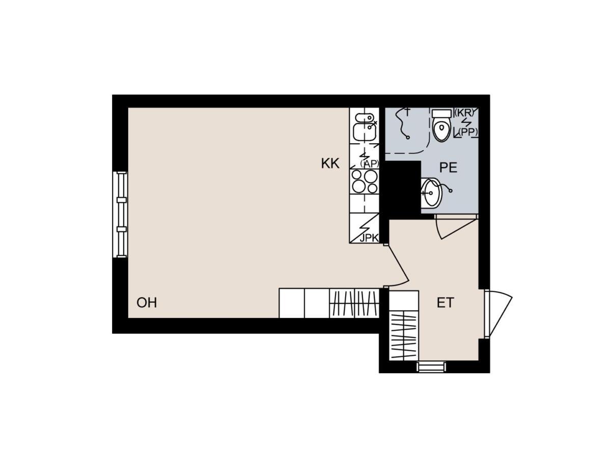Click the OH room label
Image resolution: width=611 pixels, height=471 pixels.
[147, 303]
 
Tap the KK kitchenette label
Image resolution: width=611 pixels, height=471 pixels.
[330, 164]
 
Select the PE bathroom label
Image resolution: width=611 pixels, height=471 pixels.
[448, 168]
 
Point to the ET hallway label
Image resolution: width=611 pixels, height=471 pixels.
[446, 303]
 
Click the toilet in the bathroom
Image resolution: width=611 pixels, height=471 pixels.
[441, 125]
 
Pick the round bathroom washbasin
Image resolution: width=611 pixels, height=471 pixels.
[432, 193]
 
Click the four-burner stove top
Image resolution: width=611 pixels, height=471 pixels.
[365, 182]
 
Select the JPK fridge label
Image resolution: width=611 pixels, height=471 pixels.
[369, 239]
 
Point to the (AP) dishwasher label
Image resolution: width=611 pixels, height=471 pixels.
[370, 164]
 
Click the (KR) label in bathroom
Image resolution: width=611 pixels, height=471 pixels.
[464, 113]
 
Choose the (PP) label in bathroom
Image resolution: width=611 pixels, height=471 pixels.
[468, 132]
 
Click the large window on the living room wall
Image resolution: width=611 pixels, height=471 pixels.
[120, 215]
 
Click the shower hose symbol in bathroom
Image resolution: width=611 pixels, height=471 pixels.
[402, 124]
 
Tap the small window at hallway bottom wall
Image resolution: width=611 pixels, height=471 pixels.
[431, 367]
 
